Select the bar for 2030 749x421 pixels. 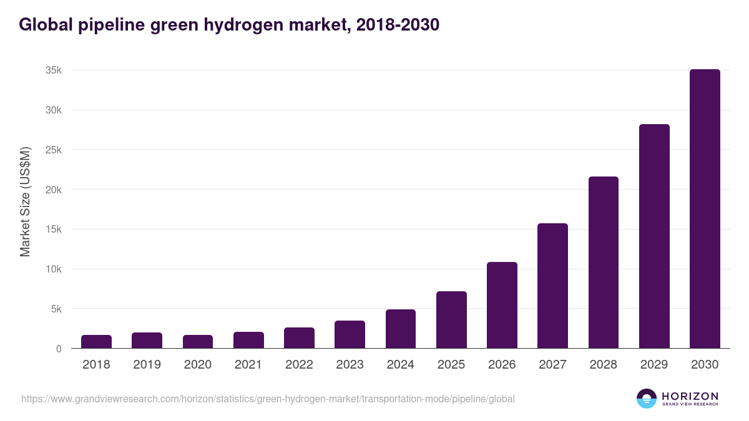[x=705, y=209]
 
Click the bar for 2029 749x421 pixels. [x=654, y=236]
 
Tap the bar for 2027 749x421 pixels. [x=552, y=286]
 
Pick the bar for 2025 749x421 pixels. [x=451, y=320]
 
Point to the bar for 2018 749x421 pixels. [x=96, y=342]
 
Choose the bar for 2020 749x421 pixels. [x=198, y=342]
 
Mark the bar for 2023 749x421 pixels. [x=350, y=334]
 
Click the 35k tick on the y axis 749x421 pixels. [x=54, y=70]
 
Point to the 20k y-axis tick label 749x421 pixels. [x=54, y=190]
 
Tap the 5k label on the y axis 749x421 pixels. [x=56, y=309]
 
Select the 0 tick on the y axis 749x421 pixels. [x=59, y=349]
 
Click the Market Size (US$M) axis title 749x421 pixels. [x=25, y=201]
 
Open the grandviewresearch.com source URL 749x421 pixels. [x=268, y=399]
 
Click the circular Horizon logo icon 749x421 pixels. [x=647, y=399]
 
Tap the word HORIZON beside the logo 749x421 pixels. [x=690, y=395]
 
